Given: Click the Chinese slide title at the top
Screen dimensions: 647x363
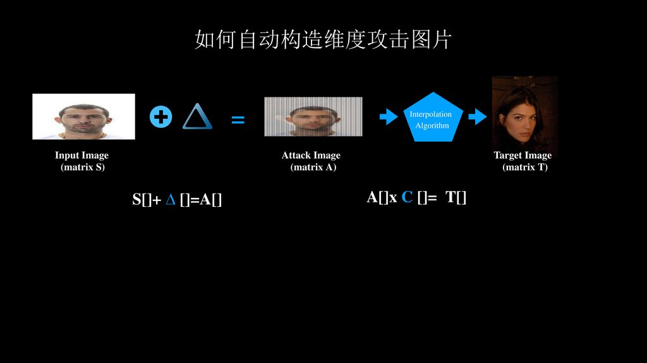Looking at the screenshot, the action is point(323,40).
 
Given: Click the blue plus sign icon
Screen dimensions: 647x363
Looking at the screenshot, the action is point(161,117).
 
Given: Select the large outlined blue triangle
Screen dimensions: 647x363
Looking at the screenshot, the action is point(197,117).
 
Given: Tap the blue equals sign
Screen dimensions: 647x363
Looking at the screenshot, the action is point(238,120).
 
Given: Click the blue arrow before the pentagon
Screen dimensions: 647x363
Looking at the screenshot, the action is point(388,117).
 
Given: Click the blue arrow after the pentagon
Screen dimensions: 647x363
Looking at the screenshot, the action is point(477,117).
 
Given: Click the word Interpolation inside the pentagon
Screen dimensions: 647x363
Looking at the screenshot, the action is point(431,114).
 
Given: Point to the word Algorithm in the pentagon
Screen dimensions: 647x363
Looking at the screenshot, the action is point(432,126).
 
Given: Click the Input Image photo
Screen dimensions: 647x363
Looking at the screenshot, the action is point(83,116).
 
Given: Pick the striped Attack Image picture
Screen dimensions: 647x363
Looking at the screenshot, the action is point(313,116).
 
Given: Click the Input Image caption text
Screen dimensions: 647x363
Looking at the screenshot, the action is point(82,156).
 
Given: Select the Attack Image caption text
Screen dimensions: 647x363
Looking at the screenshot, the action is point(311,156).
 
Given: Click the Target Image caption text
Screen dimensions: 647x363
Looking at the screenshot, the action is point(523,156).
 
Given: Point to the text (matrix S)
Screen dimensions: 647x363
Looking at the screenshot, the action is point(83,168).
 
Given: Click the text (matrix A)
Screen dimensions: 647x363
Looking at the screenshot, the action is point(313,168).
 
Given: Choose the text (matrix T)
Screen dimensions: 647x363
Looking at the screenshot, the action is point(525,168).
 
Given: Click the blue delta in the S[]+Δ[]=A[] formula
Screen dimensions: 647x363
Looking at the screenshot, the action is point(170,200).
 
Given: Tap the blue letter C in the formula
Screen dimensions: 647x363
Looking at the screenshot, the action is point(407,197).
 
